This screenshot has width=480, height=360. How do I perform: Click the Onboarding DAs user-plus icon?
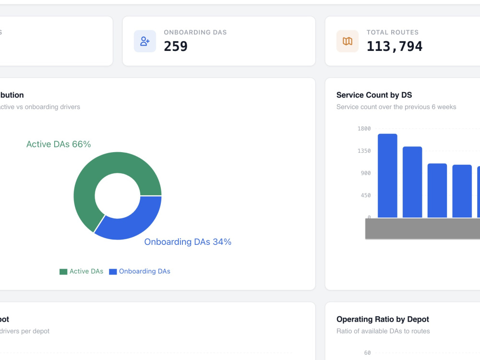145,41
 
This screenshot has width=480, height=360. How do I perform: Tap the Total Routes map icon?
348,41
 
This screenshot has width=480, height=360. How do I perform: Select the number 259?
175,46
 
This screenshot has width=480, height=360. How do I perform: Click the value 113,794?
394,46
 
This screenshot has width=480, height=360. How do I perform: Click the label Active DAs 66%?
59,144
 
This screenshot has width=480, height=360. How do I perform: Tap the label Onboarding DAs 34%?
188,242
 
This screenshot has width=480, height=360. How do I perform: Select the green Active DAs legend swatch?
63,272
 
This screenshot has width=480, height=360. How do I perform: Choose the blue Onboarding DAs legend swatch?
113,272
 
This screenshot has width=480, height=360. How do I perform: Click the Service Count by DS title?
374,95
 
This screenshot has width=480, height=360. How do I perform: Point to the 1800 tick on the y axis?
364,129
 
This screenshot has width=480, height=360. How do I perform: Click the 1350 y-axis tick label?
364,151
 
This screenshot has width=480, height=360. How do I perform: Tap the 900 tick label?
365,173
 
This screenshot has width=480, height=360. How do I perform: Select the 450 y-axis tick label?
365,195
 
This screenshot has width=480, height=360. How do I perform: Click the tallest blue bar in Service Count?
387,176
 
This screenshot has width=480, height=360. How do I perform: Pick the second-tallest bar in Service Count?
412,182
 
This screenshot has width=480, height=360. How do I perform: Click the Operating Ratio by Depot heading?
383,319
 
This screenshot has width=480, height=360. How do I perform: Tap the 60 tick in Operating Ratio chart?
367,353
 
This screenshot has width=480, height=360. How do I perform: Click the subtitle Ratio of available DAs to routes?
383,331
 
